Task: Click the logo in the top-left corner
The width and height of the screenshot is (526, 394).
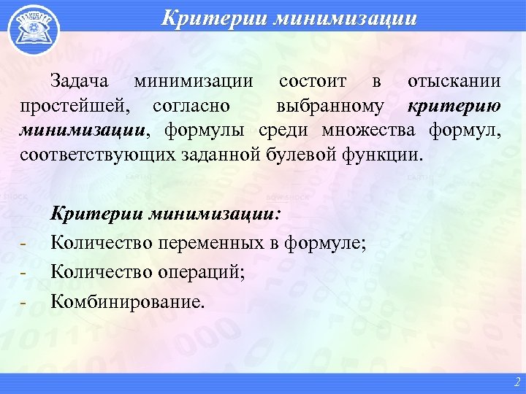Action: [x=28, y=28]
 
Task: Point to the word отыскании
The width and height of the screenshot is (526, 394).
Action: [x=454, y=82]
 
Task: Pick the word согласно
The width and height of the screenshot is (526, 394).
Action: [x=192, y=106]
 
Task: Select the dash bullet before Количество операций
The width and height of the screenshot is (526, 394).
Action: [x=24, y=273]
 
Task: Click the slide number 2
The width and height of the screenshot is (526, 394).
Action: [x=517, y=382]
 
